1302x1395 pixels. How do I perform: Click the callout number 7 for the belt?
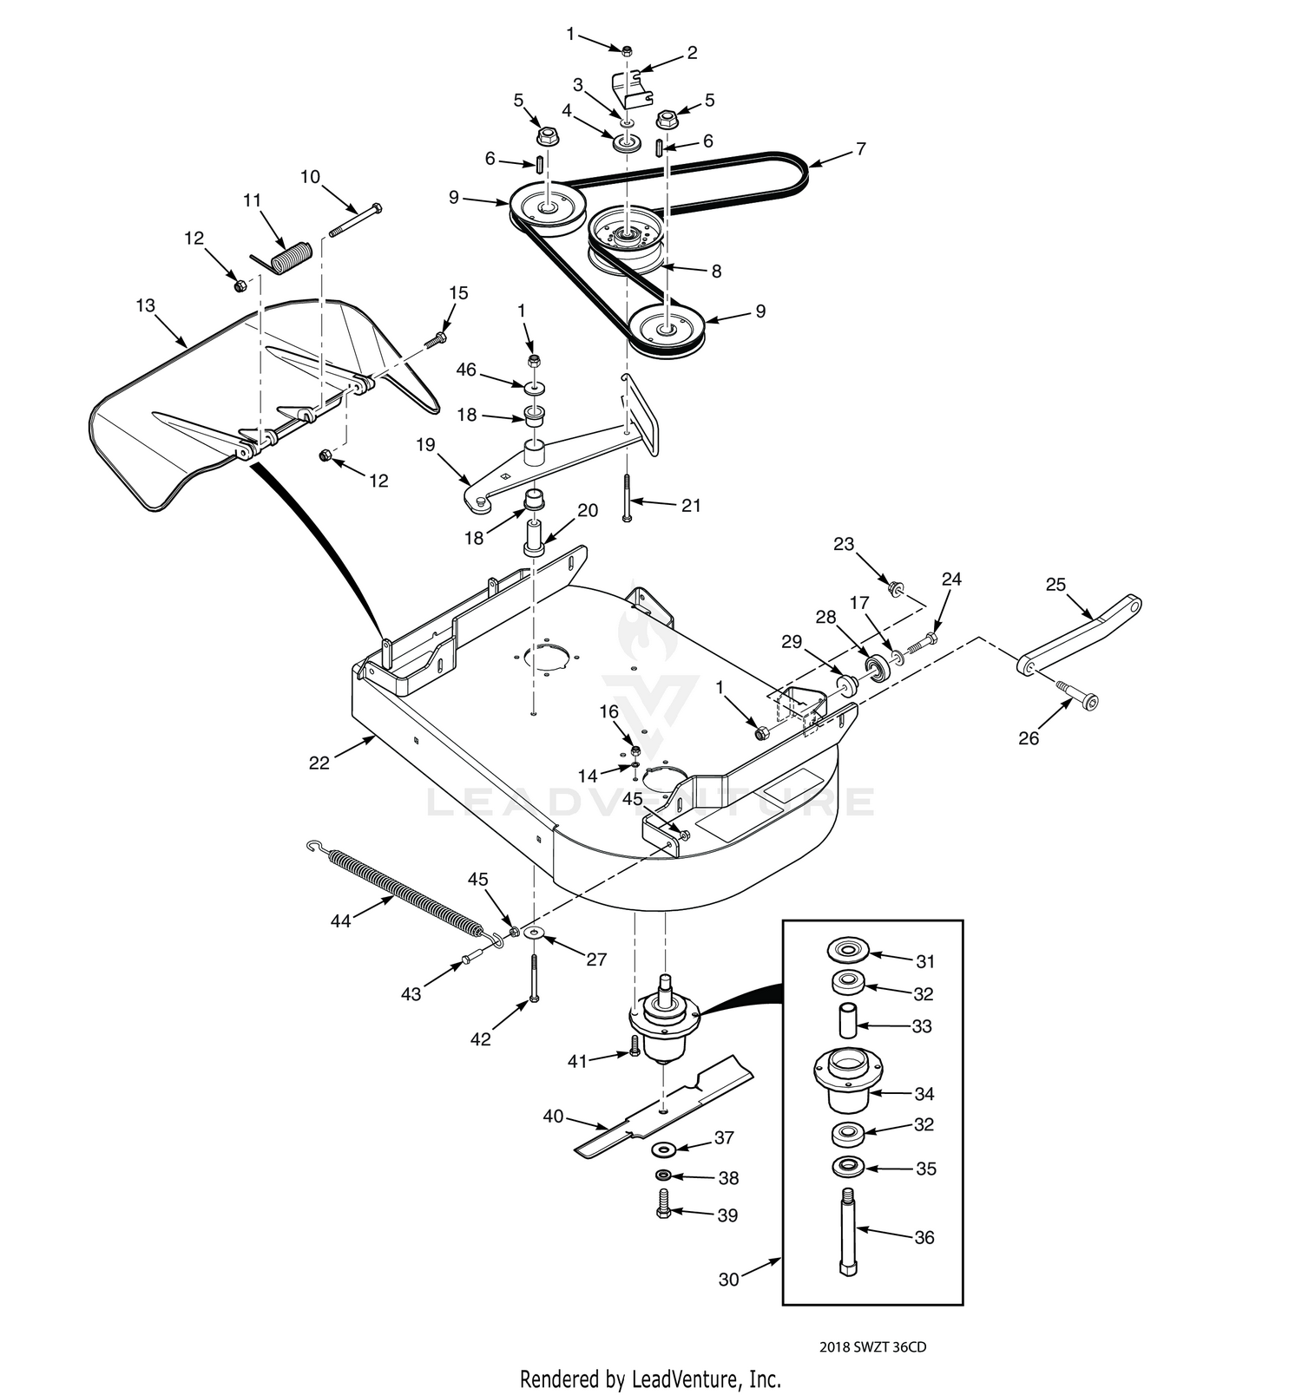(860, 149)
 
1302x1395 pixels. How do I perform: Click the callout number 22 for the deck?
(319, 763)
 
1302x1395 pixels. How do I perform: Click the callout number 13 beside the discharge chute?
(145, 305)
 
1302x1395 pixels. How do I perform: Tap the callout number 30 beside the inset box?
(729, 1280)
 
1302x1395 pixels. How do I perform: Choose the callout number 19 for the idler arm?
(425, 445)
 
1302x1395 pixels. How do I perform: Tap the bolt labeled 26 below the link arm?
(1078, 694)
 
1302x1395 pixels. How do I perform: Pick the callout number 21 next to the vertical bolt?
(690, 505)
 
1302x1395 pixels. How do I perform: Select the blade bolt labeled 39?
(664, 1207)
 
